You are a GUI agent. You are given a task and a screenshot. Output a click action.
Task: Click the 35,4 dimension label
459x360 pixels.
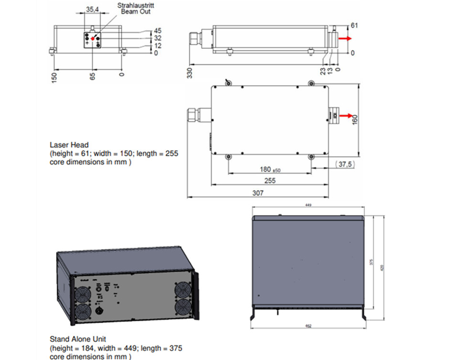[93, 9]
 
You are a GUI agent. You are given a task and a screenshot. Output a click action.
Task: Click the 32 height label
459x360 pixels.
[158, 38]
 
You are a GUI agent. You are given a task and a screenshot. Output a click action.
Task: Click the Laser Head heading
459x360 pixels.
[69, 144]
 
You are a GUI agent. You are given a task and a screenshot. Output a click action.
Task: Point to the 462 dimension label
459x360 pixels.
[308, 327]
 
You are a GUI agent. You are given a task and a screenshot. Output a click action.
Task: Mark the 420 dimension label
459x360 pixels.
[382, 268]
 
